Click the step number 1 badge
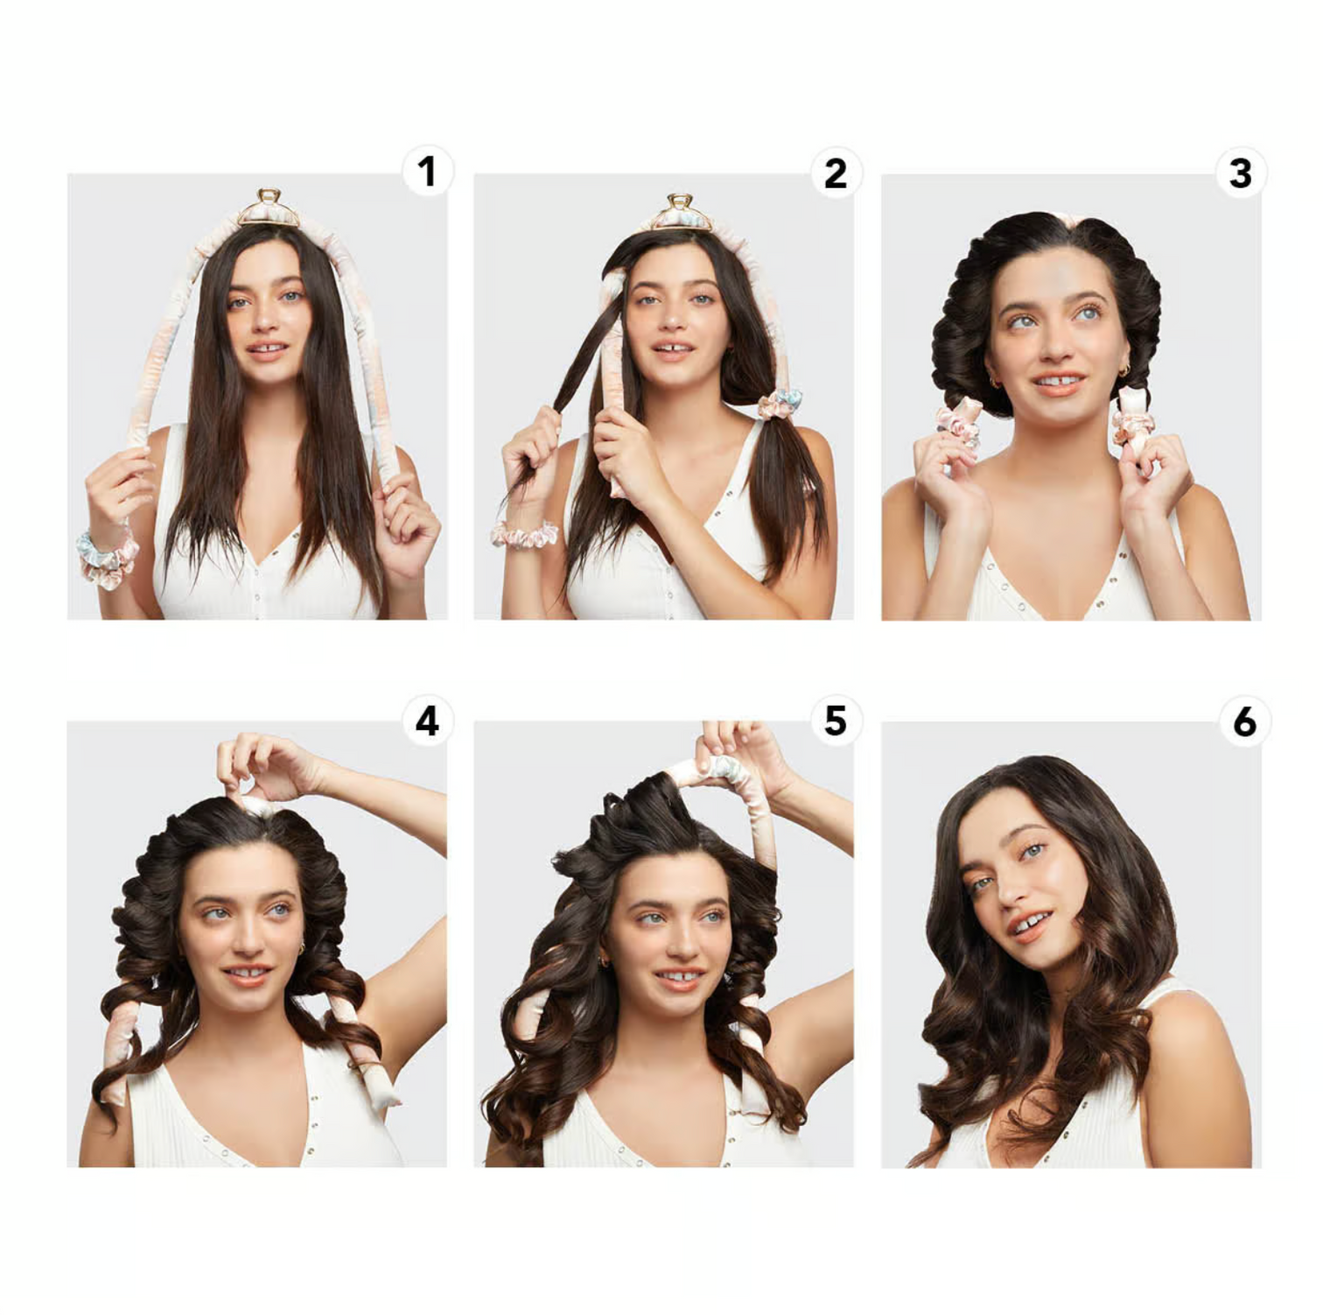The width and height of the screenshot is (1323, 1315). click(427, 172)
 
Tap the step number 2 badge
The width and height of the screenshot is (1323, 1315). click(836, 173)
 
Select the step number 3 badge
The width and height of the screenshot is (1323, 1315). click(1241, 173)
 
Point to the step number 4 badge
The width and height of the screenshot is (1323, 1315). click(427, 721)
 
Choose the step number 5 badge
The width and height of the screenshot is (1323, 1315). click(836, 721)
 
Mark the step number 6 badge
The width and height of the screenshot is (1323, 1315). click(1244, 721)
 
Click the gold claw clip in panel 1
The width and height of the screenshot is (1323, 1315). click(269, 208)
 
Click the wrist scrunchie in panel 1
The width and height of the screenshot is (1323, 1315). click(107, 557)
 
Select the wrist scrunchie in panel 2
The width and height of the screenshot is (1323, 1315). click(524, 534)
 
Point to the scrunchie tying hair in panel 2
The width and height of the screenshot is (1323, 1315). click(780, 404)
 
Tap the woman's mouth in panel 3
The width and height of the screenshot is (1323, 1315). click(1058, 383)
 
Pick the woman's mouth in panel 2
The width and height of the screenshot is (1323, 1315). click(672, 348)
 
